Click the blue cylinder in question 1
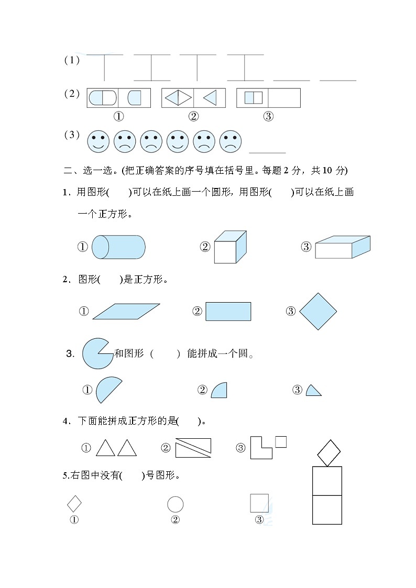[118, 247]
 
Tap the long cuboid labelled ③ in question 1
[342, 248]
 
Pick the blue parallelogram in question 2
[126, 311]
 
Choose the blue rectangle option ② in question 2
[228, 311]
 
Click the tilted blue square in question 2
[318, 312]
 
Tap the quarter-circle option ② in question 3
[220, 391]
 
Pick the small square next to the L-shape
[281, 442]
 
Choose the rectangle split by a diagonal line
[193, 448]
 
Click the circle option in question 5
[175, 504]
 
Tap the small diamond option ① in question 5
[74, 504]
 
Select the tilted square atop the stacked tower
[329, 452]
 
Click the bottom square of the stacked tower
[327, 509]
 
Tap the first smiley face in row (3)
[98, 141]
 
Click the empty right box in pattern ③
[284, 98]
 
